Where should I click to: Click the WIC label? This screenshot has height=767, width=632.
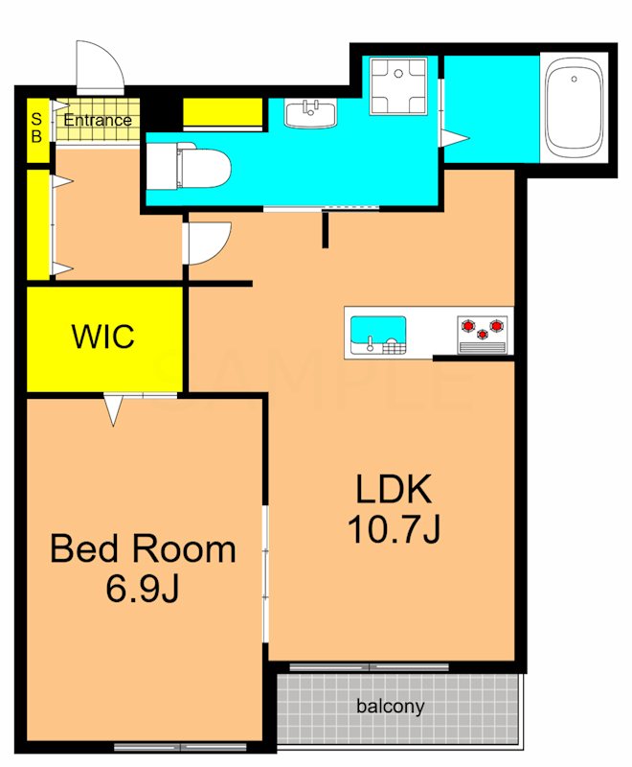[x=102, y=337]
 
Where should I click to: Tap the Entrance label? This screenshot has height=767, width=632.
[x=98, y=120]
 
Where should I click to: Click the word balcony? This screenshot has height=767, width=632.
[x=391, y=707]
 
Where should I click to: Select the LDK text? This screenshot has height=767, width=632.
[x=394, y=489]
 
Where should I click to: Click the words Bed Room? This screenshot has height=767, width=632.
[x=143, y=548]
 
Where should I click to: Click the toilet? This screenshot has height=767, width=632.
[x=189, y=167]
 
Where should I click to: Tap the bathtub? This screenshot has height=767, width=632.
[x=574, y=108]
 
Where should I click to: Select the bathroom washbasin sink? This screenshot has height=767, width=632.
[x=310, y=113]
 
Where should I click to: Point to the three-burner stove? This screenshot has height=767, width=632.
[x=482, y=335]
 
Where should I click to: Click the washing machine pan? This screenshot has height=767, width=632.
[x=398, y=85]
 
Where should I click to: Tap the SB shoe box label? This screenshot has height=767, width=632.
[x=36, y=128]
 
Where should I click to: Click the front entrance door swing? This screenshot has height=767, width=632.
[x=100, y=68]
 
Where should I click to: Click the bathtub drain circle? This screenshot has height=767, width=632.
[x=574, y=79]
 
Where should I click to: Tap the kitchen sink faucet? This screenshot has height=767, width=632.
[x=371, y=344]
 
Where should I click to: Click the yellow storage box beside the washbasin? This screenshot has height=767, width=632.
[x=223, y=112]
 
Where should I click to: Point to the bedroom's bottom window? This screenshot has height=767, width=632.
[x=180, y=747]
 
